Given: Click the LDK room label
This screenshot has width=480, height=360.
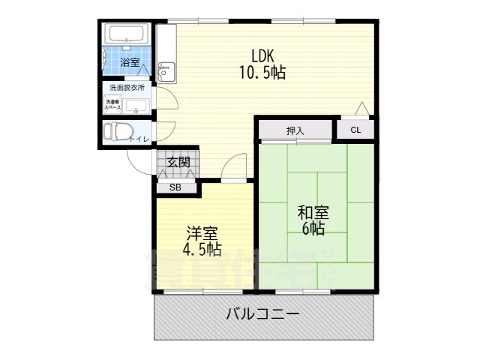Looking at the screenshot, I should pos(262,55).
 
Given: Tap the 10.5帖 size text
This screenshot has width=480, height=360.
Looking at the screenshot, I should pos(262,73).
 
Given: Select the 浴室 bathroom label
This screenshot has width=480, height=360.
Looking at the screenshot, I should pos(130,63).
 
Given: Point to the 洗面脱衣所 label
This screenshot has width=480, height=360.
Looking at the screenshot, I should pos(127,88).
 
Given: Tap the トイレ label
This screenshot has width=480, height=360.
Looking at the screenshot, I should pos(139,139).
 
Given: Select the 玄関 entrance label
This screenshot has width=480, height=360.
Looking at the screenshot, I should pos(178,161).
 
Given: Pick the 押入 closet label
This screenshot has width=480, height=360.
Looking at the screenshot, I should pos(295,130).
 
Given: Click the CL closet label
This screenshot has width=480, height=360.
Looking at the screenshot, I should pos(355,130).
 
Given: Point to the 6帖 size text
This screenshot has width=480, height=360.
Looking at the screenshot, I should pos(313,229).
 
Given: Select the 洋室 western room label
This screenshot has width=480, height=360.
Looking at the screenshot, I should pos(199,232).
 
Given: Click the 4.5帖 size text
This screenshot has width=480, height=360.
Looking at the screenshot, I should pos(199,249).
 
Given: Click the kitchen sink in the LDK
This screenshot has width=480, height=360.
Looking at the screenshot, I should pos(166,71).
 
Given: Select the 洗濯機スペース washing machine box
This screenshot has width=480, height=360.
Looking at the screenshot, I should pos(114,104).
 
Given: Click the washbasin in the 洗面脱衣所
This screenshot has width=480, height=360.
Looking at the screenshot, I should pos(136,105).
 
